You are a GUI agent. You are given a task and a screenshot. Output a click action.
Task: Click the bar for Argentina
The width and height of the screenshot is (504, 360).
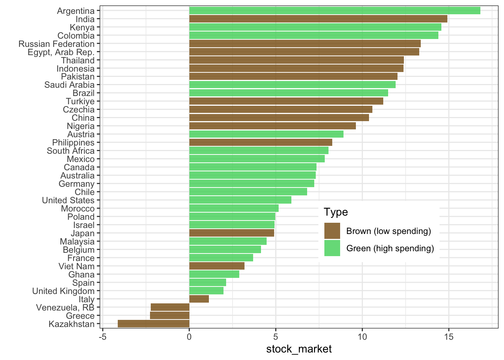pos(334,10)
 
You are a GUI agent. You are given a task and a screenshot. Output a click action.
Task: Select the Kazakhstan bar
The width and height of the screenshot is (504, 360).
pos(153,324)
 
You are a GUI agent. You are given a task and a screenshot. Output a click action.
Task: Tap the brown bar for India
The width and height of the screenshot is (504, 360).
pos(318,19)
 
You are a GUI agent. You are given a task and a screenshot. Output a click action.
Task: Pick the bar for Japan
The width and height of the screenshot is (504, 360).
pos(231,233)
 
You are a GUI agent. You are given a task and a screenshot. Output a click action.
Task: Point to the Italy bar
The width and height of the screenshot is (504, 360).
pos(199,299)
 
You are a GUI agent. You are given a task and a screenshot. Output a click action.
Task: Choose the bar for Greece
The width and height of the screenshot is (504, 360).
pos(169,316)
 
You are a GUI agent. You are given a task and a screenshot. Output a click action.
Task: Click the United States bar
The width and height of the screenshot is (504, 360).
pos(240,200)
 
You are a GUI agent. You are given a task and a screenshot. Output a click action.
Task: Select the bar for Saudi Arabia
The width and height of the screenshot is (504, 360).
pos(292,85)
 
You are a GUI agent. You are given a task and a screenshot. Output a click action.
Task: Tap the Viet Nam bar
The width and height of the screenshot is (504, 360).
pos(217,266)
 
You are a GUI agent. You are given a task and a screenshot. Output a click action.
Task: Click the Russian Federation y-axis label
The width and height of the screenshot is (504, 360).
pos(57,44)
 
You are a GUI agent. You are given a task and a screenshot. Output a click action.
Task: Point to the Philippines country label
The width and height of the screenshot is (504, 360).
pos(73,143)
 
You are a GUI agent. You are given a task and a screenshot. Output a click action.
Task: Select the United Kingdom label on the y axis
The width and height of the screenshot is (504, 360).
pos(63,291)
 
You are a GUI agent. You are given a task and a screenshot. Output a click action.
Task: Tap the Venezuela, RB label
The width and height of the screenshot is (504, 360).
pos(65,308)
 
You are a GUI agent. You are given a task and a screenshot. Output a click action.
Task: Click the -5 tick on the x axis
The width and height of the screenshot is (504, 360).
pos(102,337)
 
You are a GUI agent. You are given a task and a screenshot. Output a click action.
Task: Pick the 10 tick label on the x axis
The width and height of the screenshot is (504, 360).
pos(362,337)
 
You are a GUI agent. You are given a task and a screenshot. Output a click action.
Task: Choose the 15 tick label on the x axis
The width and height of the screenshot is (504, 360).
pos(448,337)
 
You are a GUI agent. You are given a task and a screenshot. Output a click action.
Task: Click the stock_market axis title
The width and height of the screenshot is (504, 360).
pos(299,349)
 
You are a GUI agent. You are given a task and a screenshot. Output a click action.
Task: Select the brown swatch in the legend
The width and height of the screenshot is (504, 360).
pos(332,231)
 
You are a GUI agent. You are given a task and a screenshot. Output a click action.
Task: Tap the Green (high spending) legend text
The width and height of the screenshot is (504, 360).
pos(390,248)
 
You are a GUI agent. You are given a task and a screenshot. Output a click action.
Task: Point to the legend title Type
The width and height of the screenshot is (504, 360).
pos(336,212)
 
